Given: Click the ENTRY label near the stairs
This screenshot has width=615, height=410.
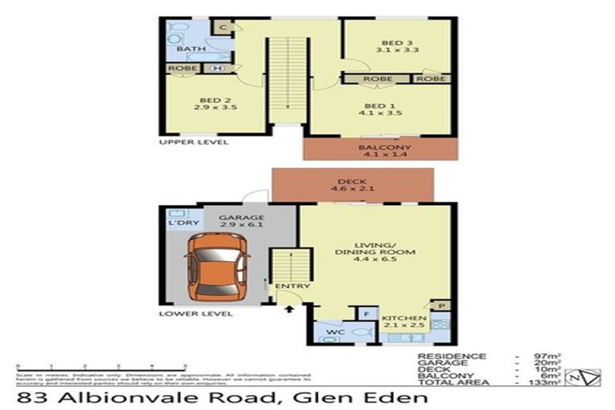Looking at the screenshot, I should click(x=287, y=287).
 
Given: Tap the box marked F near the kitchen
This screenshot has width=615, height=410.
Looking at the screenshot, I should click(x=367, y=314).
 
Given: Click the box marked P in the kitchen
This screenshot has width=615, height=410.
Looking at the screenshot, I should click(x=440, y=305).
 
